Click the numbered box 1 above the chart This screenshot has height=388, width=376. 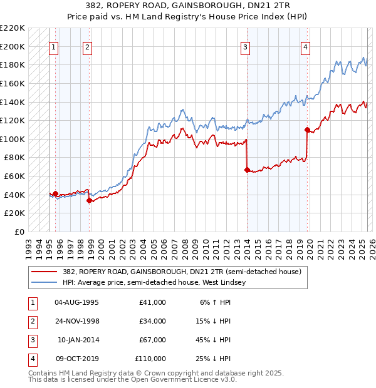53,47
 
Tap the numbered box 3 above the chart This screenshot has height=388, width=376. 246,47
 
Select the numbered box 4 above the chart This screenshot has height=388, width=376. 305,47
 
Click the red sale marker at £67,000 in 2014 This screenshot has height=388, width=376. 247,169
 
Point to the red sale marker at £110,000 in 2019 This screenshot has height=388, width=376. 307,130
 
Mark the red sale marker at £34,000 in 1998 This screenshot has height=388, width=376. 90,200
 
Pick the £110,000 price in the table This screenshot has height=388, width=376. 150,359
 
